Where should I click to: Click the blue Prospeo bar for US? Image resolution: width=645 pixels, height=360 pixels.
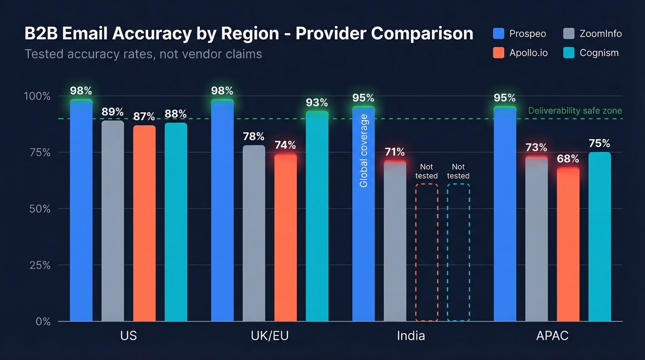pos(81,212)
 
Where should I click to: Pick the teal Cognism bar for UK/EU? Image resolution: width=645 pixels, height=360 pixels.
pos(317,217)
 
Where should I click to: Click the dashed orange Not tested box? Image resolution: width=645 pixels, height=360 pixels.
pos(427,252)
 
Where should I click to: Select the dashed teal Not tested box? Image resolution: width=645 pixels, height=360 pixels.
pos(458,252)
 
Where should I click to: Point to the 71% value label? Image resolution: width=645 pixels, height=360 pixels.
pos(395,152)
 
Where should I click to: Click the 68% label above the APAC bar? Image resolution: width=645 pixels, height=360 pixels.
pos(568,159)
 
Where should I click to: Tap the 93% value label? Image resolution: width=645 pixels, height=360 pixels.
pos(317,102)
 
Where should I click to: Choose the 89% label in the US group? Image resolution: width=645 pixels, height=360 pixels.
pos(113,112)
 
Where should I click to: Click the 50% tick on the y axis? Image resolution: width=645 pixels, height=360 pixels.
pos(40,209)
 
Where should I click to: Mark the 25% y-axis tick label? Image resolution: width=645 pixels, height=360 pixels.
pos(40,265)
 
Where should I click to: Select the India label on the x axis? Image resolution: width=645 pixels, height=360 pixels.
pos(410,336)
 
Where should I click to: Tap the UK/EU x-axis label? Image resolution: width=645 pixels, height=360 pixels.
pos(270,336)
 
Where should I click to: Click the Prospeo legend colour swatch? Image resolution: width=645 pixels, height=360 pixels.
pos(498,34)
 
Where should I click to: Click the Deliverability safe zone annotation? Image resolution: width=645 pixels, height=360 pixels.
pos(575,111)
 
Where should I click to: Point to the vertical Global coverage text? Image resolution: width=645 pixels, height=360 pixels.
pos(364,151)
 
